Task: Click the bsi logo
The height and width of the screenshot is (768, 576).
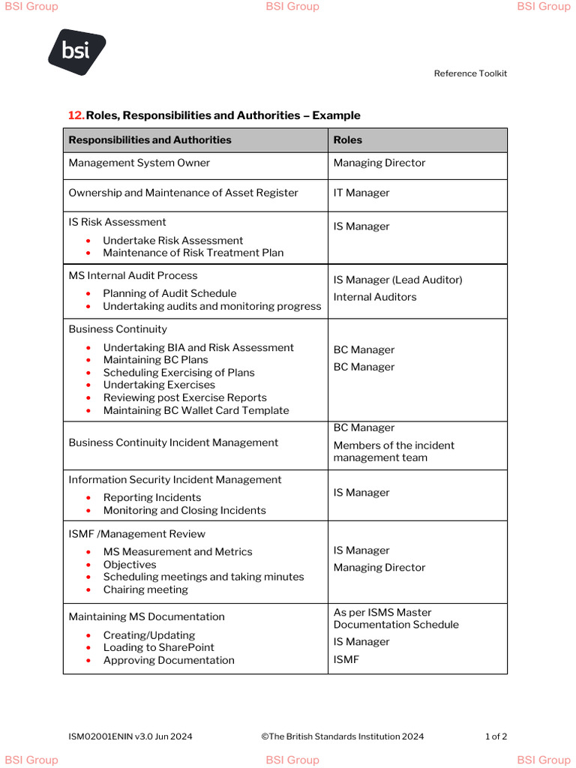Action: click(76, 51)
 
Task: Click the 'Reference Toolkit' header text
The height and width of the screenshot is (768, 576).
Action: click(470, 73)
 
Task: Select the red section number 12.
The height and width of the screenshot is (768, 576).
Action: click(76, 115)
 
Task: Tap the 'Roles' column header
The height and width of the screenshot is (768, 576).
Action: click(348, 140)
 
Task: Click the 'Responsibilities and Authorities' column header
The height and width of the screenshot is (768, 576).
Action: click(150, 140)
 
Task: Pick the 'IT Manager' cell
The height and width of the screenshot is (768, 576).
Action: click(361, 193)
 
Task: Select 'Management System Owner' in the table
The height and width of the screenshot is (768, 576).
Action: click(139, 163)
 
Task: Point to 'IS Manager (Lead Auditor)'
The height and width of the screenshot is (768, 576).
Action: click(397, 280)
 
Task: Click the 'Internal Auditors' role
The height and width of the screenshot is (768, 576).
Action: click(375, 297)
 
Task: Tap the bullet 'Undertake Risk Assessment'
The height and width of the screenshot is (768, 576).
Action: click(172, 241)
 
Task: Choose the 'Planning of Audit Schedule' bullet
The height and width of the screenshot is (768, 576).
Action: click(169, 293)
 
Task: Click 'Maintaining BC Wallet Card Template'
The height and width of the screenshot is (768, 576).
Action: click(196, 410)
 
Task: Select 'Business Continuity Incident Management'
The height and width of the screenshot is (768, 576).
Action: click(173, 442)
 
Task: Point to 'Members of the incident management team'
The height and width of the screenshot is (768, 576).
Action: click(394, 451)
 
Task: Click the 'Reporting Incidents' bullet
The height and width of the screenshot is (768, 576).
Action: click(152, 497)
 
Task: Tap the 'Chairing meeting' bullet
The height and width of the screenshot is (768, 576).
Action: click(145, 589)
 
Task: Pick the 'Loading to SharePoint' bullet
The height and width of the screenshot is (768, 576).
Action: click(158, 647)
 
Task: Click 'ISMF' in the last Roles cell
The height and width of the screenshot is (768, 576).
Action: click(346, 659)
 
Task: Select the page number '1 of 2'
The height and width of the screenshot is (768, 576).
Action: click(496, 736)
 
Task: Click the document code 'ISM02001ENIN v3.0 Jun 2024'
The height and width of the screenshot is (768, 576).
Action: click(130, 736)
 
